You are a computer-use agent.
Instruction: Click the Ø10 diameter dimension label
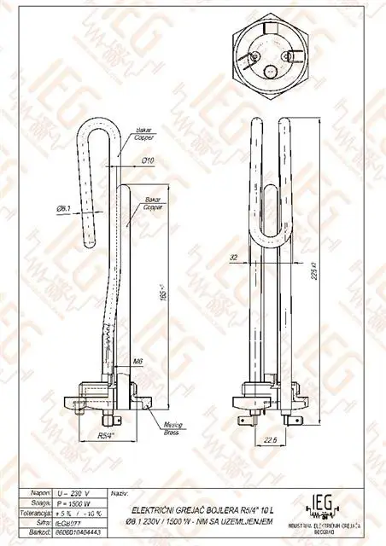147,160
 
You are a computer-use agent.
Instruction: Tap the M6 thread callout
137,362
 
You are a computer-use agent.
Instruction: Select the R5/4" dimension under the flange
104,435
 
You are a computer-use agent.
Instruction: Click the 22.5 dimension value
270,440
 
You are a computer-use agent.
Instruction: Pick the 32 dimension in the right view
233,256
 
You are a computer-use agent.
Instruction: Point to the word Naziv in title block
120,493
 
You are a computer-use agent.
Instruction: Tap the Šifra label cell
38,521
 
